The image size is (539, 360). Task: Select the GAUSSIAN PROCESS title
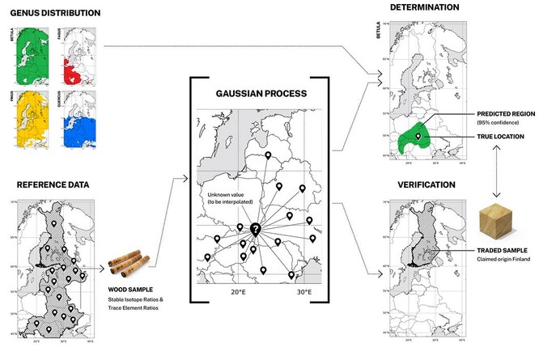point(258,94)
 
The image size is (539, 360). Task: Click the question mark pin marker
point(255,231)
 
